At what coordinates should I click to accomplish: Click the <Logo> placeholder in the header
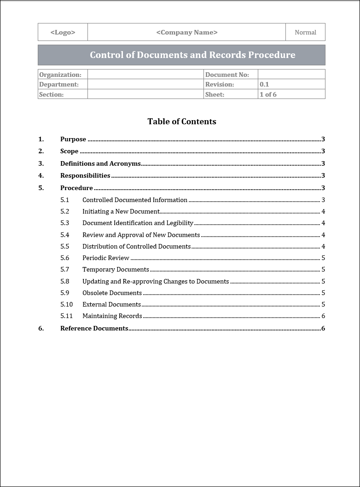(63, 32)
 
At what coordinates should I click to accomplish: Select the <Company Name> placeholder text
(186, 32)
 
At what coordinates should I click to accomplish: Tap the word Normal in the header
(305, 32)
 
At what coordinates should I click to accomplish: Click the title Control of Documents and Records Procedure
(192, 55)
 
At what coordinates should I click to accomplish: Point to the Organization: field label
(60, 75)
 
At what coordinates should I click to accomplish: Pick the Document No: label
(227, 75)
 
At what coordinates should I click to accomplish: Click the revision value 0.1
(264, 85)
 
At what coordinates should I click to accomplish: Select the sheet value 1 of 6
(268, 94)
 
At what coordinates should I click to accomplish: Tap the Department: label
(59, 85)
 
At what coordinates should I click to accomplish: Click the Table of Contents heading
(182, 122)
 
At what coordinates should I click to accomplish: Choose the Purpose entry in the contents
(73, 139)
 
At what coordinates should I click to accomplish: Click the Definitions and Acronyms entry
(100, 163)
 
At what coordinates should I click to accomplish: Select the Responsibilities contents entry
(85, 175)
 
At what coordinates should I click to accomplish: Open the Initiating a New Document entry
(121, 212)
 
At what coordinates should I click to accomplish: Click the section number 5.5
(64, 246)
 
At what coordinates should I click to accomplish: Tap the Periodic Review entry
(106, 258)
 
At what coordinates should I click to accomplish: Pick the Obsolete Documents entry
(112, 293)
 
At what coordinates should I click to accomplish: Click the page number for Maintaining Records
(323, 316)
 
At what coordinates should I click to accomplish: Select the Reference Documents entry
(94, 328)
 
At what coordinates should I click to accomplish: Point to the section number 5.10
(66, 304)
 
